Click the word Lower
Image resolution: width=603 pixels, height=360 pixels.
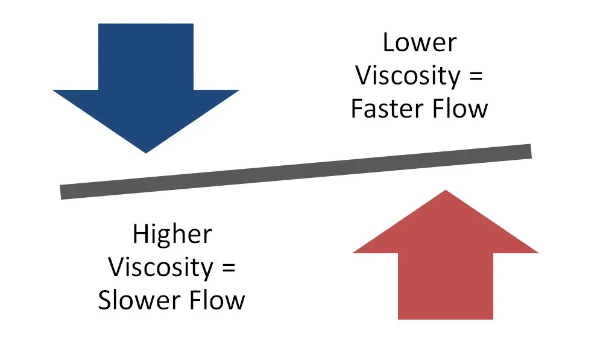420,43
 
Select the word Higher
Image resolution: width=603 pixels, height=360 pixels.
172,234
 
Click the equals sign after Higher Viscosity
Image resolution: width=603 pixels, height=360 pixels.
225,268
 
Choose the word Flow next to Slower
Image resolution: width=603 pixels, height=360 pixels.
217,300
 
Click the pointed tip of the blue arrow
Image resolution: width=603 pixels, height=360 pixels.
146,152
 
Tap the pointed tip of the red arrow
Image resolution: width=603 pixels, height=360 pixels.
445,191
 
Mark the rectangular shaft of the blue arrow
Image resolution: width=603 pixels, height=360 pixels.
146,57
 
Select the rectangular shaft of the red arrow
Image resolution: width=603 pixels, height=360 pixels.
446,285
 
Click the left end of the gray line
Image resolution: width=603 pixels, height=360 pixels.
63,192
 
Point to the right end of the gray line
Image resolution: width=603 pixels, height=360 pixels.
529,151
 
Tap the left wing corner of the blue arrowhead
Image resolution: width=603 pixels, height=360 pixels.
54,91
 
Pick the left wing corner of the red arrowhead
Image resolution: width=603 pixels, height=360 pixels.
353,252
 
